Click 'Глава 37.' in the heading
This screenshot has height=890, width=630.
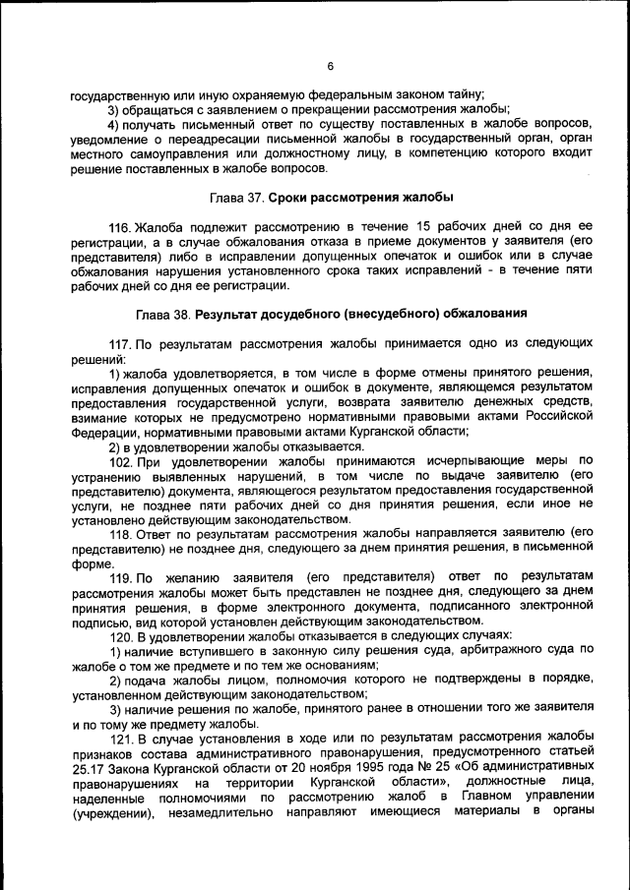click(x=238, y=197)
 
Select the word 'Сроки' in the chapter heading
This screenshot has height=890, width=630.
click(x=291, y=197)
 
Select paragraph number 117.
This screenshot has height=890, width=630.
click(x=120, y=346)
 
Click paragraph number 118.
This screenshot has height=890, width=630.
click(x=120, y=532)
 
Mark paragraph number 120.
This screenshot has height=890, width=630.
click(x=120, y=634)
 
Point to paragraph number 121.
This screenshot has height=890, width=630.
click(x=120, y=738)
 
